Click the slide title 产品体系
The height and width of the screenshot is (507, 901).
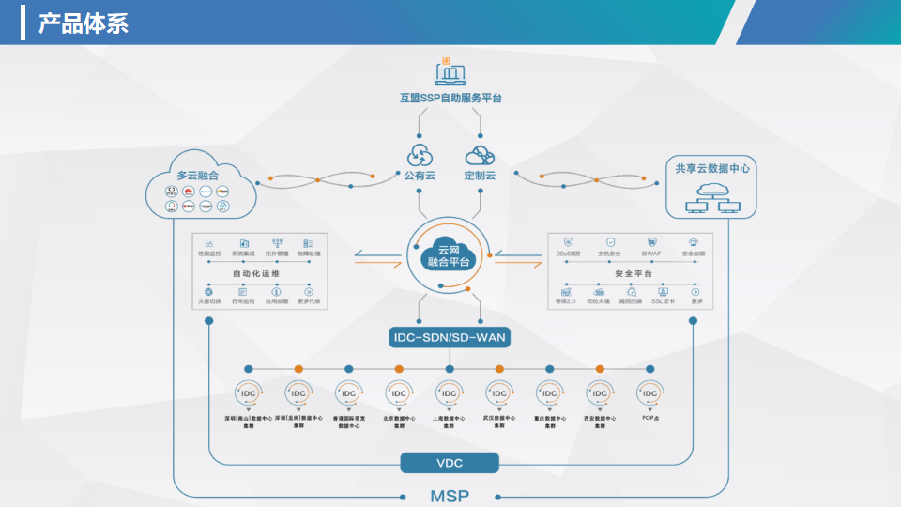click(x=83, y=23)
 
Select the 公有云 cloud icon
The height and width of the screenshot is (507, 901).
click(x=419, y=155)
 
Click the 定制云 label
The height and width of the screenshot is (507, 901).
click(x=480, y=176)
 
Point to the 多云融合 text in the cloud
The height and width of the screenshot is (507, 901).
click(x=197, y=175)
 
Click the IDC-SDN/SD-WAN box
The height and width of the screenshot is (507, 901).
click(x=450, y=336)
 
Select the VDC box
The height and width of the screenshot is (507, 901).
click(x=450, y=462)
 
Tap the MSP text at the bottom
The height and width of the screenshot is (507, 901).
click(x=450, y=496)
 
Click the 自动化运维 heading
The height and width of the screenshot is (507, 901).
click(x=257, y=273)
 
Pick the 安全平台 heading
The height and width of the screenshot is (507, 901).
click(x=633, y=273)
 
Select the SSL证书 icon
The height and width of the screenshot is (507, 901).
click(x=663, y=292)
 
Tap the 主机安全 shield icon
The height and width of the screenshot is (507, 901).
click(x=610, y=242)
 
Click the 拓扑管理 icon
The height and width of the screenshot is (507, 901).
click(x=277, y=243)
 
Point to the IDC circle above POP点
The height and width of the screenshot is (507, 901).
click(x=649, y=393)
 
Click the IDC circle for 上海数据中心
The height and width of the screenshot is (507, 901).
click(x=450, y=393)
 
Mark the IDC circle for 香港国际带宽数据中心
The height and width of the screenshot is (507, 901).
click(x=348, y=393)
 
